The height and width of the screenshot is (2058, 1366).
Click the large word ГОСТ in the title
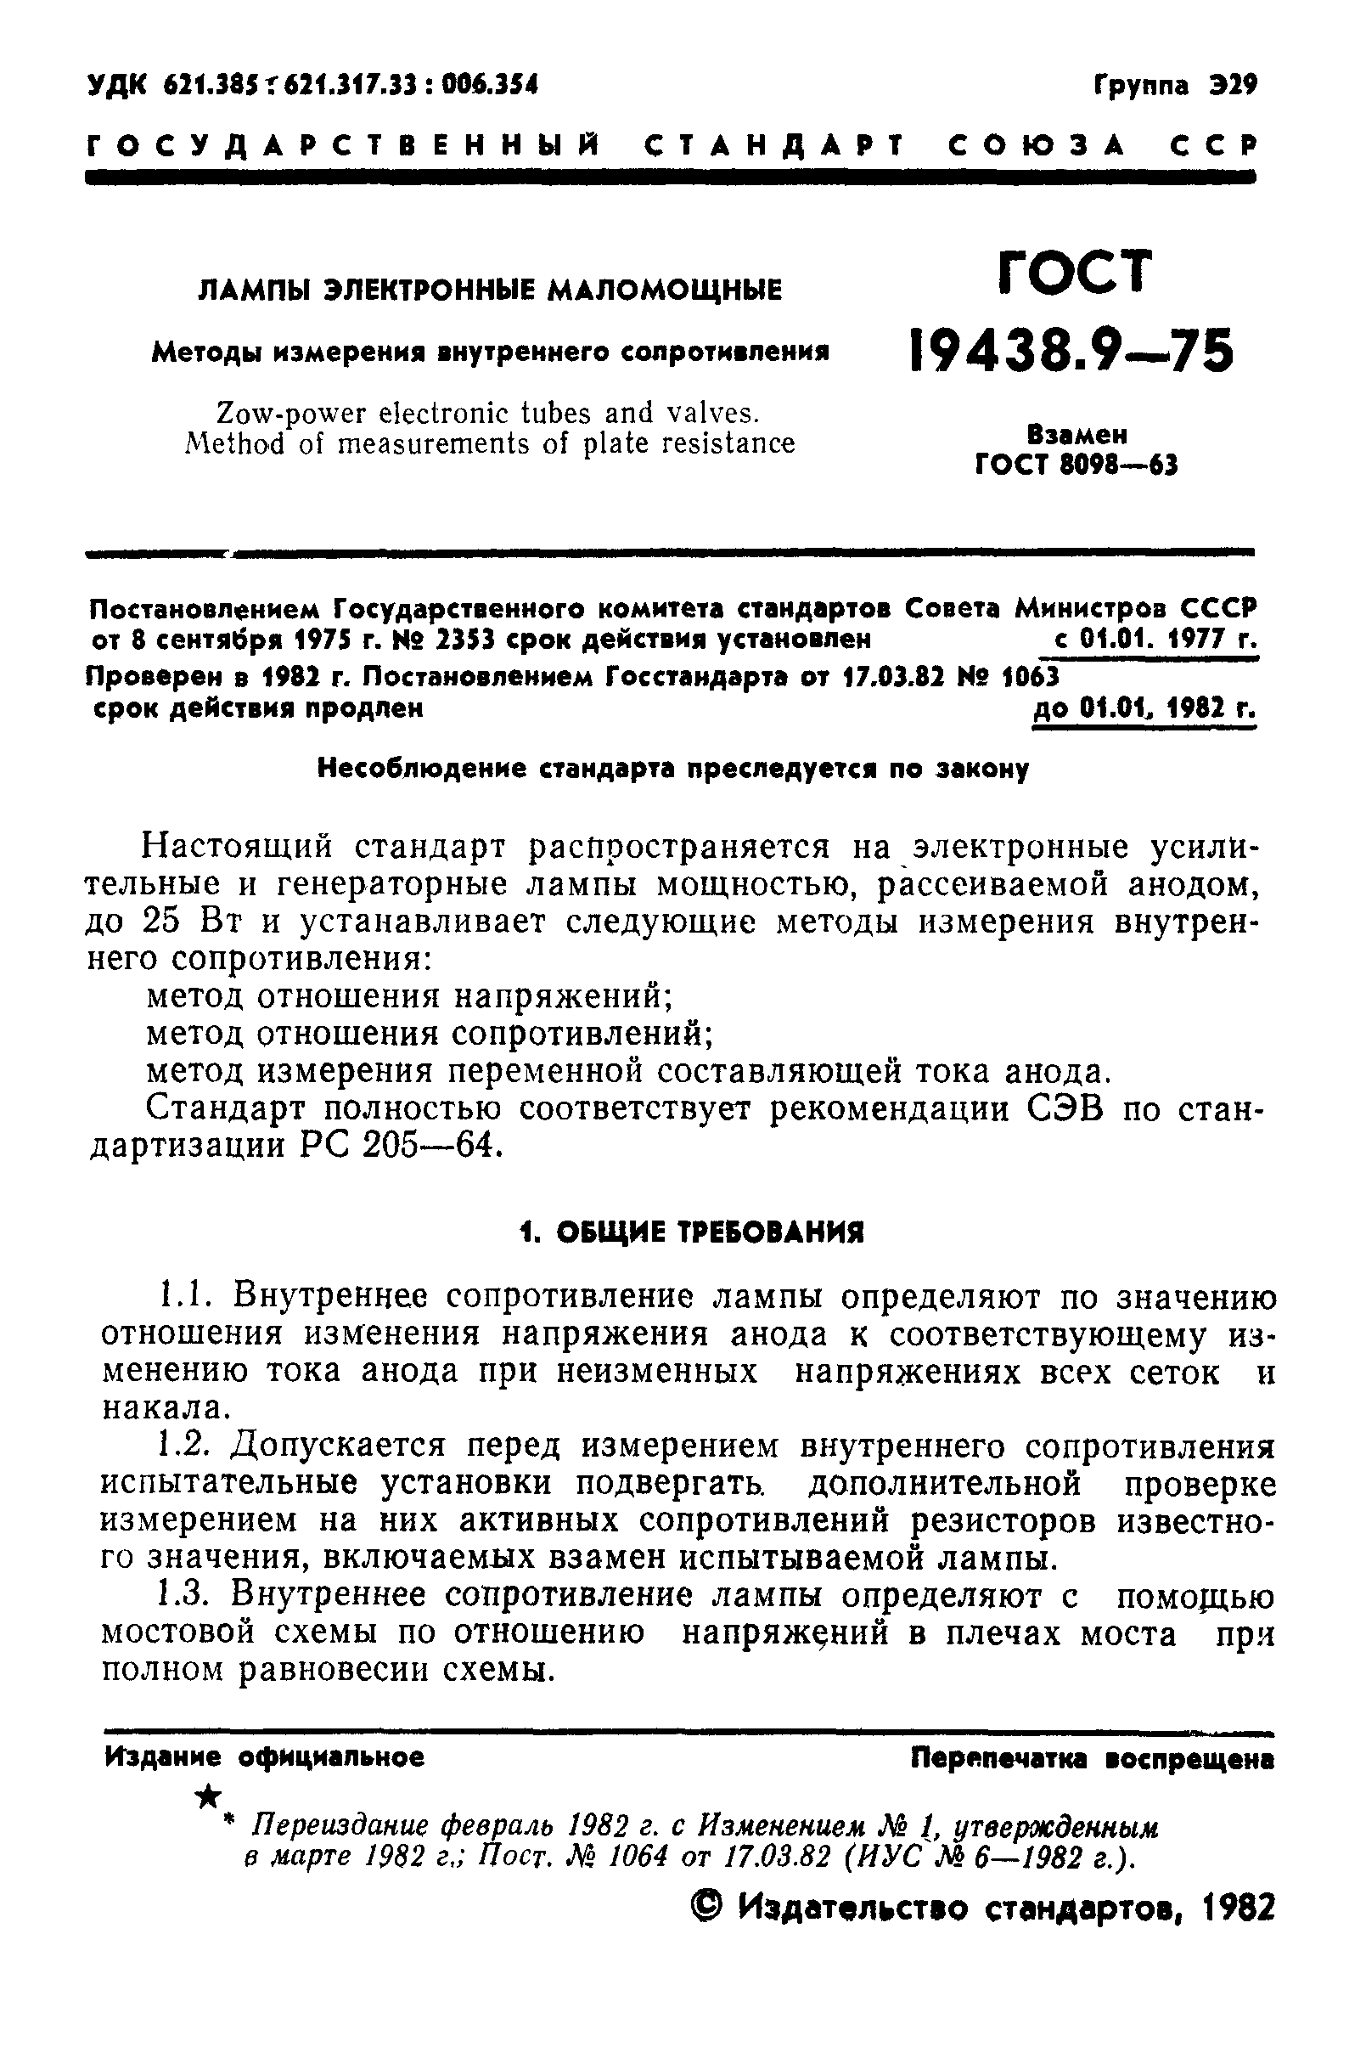[1074, 273]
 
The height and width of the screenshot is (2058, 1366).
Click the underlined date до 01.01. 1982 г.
[1144, 708]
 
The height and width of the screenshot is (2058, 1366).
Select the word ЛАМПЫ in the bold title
[254, 290]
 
